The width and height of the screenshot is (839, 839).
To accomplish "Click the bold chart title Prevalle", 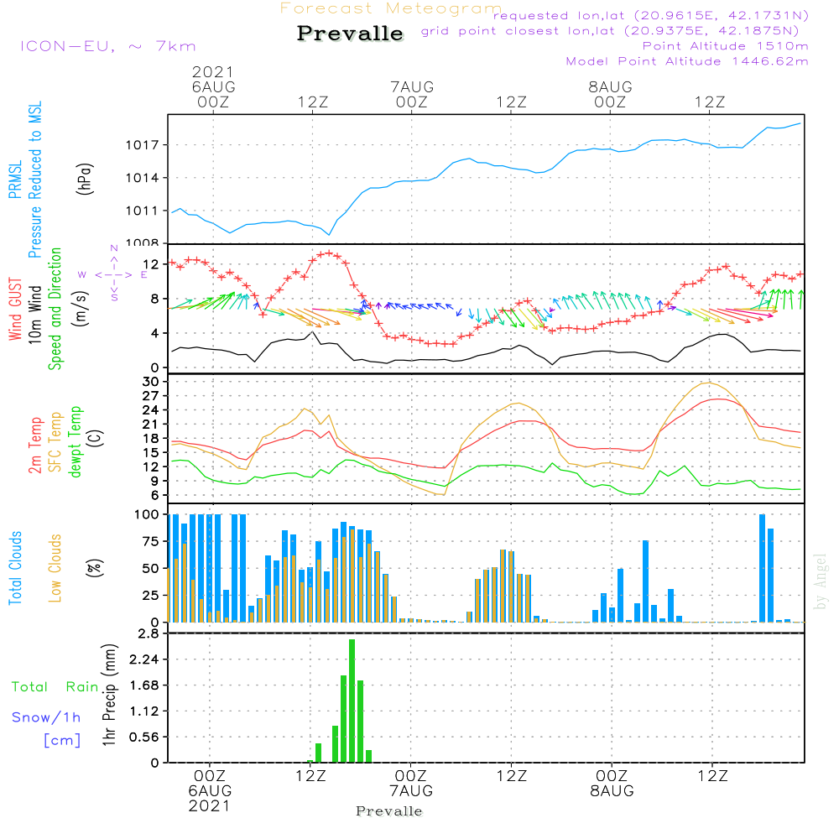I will [x=350, y=34].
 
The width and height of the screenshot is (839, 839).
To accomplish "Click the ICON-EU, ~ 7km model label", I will [x=107, y=46].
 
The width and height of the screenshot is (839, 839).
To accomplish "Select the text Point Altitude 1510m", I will [x=725, y=45].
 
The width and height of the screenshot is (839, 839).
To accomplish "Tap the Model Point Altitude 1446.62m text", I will [x=686, y=60].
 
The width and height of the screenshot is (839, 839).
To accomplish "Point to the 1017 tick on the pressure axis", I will [x=147, y=145].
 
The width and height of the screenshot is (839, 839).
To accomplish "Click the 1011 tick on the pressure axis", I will [x=147, y=211].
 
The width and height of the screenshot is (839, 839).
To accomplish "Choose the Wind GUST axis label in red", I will [x=16, y=311].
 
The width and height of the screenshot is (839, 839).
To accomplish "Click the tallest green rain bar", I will [x=352, y=701].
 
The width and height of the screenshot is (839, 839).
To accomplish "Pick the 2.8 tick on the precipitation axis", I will [x=149, y=633].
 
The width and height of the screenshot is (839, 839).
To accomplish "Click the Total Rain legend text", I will [x=55, y=686].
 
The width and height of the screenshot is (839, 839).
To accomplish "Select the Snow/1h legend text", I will [x=47, y=717].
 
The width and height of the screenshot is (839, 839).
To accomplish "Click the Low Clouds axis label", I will [x=55, y=567].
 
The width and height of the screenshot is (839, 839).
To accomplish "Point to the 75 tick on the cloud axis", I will [x=151, y=541].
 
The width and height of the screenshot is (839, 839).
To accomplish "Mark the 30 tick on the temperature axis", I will [x=151, y=381].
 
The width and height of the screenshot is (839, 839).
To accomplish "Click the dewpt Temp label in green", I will [x=76, y=442].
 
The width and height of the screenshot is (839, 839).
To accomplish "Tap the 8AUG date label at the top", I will [x=610, y=87].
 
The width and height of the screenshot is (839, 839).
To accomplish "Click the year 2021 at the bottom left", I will [x=209, y=805].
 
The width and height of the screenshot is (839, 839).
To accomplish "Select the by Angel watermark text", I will [x=821, y=581].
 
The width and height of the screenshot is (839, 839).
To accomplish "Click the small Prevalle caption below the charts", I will [x=389, y=811].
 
